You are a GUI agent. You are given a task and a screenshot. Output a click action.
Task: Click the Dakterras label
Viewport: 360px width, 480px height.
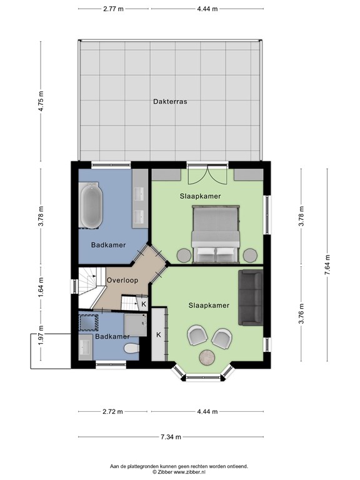pyautogui.click(x=170, y=101)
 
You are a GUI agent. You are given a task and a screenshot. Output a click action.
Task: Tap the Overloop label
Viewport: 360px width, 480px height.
pyautogui.click(x=122, y=280)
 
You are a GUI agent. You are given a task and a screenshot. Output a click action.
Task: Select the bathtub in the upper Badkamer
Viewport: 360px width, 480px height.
pyautogui.click(x=90, y=206)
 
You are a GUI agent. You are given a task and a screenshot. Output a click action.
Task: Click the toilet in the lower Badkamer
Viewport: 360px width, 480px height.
pyautogui.click(x=132, y=348)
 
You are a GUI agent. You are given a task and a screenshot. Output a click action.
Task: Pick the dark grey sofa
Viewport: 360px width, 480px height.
pyautogui.click(x=251, y=297)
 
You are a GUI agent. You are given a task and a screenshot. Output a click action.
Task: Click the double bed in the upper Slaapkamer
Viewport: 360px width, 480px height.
pyautogui.click(x=216, y=234)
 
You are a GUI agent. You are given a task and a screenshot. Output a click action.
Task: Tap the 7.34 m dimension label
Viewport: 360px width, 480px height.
pyautogui.click(x=171, y=437)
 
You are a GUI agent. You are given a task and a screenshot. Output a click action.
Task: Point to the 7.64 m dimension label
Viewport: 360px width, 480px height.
pyautogui.click(x=327, y=265)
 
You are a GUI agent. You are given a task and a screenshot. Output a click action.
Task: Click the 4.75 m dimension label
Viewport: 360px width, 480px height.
pyautogui.click(x=41, y=101)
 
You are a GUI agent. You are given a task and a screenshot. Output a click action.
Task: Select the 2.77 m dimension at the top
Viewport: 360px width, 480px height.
pyautogui.click(x=113, y=9)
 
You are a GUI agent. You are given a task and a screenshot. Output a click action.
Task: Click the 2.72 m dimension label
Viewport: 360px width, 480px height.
pyautogui.click(x=112, y=411)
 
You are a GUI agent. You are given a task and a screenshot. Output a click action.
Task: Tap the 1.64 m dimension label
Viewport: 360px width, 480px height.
pyautogui.click(x=41, y=287)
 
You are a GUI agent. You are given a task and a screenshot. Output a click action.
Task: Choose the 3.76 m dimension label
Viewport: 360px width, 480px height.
pyautogui.click(x=301, y=313)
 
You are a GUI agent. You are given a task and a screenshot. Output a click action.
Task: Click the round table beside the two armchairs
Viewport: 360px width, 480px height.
pyautogui.click(x=207, y=357)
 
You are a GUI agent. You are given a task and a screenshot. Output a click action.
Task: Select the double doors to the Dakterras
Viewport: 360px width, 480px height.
pyautogui.click(x=208, y=174)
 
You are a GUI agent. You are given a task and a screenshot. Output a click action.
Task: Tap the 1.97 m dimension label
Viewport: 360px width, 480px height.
pyautogui.click(x=41, y=334)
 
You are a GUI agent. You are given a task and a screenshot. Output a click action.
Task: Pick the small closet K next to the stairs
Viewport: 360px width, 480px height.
pyautogui.click(x=142, y=304)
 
